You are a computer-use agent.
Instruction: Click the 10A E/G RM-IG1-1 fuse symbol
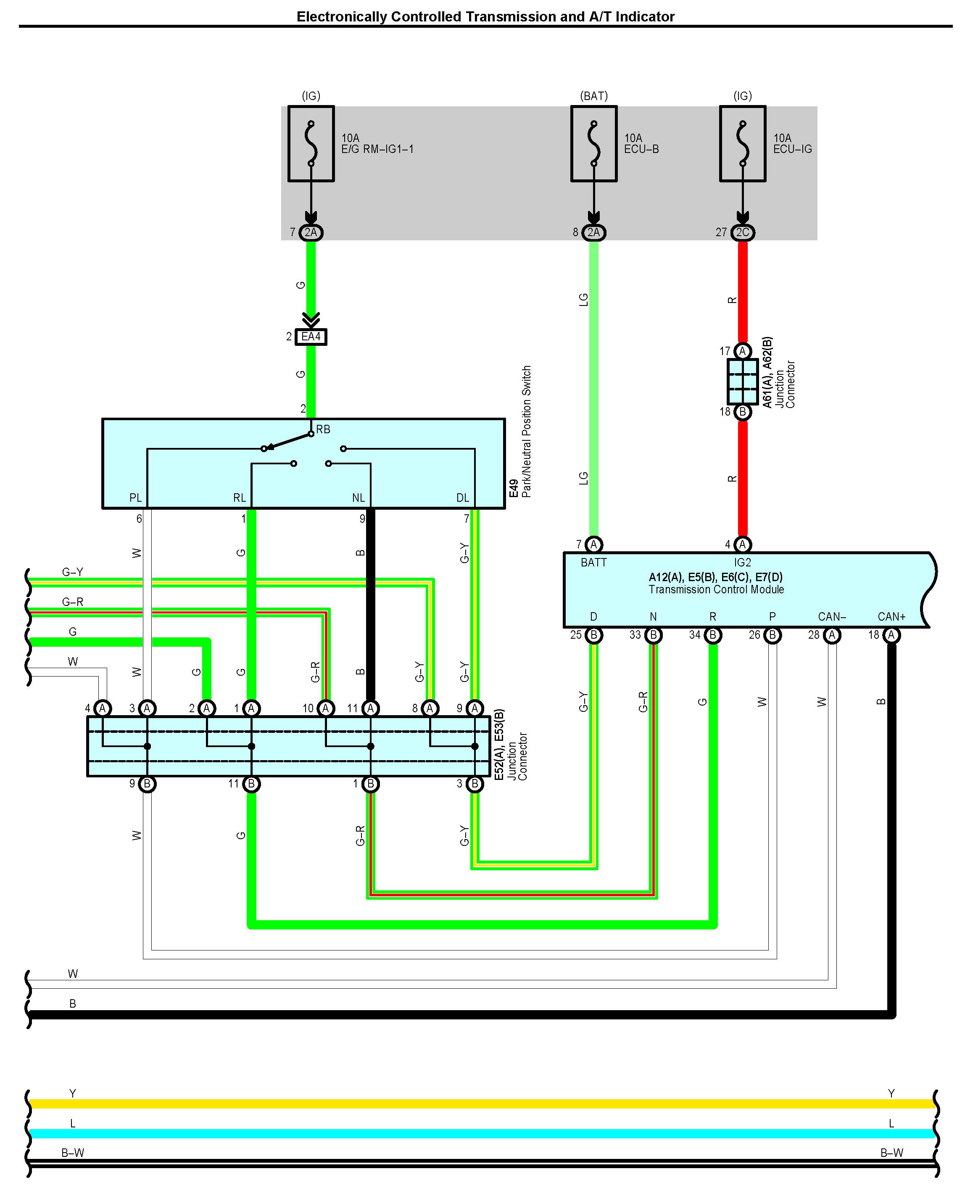(x=311, y=143)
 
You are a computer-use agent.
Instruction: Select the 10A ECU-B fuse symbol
(x=594, y=143)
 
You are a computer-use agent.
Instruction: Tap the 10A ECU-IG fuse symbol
(x=743, y=143)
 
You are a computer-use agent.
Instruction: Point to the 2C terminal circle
(x=743, y=232)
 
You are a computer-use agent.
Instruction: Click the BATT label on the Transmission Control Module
(x=594, y=563)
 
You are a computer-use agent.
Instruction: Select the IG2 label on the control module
(x=742, y=563)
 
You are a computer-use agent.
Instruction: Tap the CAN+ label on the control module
(x=891, y=616)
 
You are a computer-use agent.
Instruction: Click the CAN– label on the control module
(x=832, y=616)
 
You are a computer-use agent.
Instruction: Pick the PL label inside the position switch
(x=136, y=498)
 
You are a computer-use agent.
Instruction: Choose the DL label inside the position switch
(x=462, y=498)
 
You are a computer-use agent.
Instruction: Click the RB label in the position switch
(x=323, y=429)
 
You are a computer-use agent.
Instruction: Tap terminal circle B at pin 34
(x=713, y=635)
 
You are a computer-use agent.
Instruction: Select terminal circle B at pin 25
(x=594, y=635)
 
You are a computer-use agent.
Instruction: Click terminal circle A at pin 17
(x=743, y=351)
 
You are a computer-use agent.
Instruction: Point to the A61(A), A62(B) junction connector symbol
(x=743, y=381)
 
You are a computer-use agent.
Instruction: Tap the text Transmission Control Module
(x=716, y=589)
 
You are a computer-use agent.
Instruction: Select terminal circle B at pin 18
(x=743, y=412)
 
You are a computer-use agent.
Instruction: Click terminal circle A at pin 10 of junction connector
(x=326, y=708)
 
